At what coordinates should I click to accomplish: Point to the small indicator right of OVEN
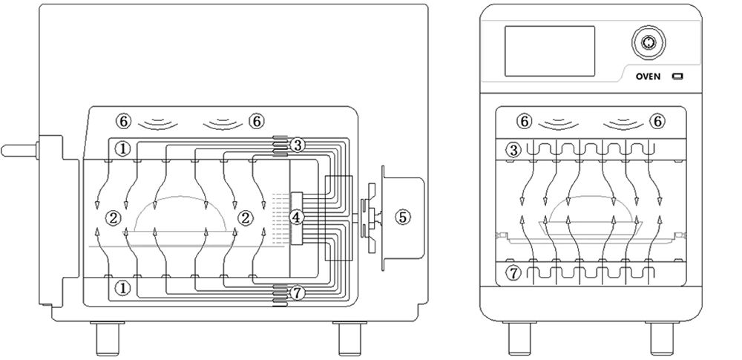(677, 77)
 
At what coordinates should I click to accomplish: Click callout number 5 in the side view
(402, 217)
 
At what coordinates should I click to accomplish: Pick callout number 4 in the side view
(297, 217)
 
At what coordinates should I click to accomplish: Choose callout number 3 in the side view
(297, 145)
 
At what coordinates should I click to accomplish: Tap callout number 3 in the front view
(513, 151)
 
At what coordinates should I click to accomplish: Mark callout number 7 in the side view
(297, 293)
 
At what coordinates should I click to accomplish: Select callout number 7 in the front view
(513, 274)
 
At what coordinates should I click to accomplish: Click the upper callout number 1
(123, 148)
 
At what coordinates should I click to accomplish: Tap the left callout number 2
(113, 217)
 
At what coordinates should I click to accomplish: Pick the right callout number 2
(244, 217)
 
